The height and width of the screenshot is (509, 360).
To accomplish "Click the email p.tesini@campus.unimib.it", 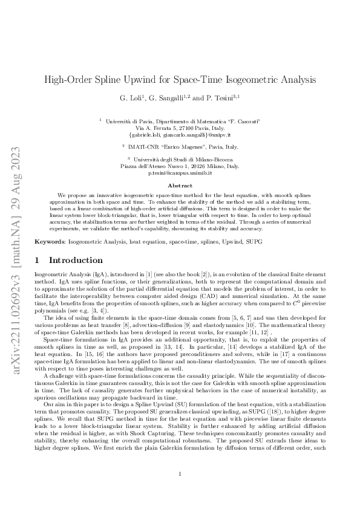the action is (180, 173).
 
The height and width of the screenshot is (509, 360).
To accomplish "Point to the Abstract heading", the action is (180, 185).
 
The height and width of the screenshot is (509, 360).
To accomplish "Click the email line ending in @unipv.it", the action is (179, 134).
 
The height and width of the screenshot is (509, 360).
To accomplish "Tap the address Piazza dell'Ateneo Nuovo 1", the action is (158, 166).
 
